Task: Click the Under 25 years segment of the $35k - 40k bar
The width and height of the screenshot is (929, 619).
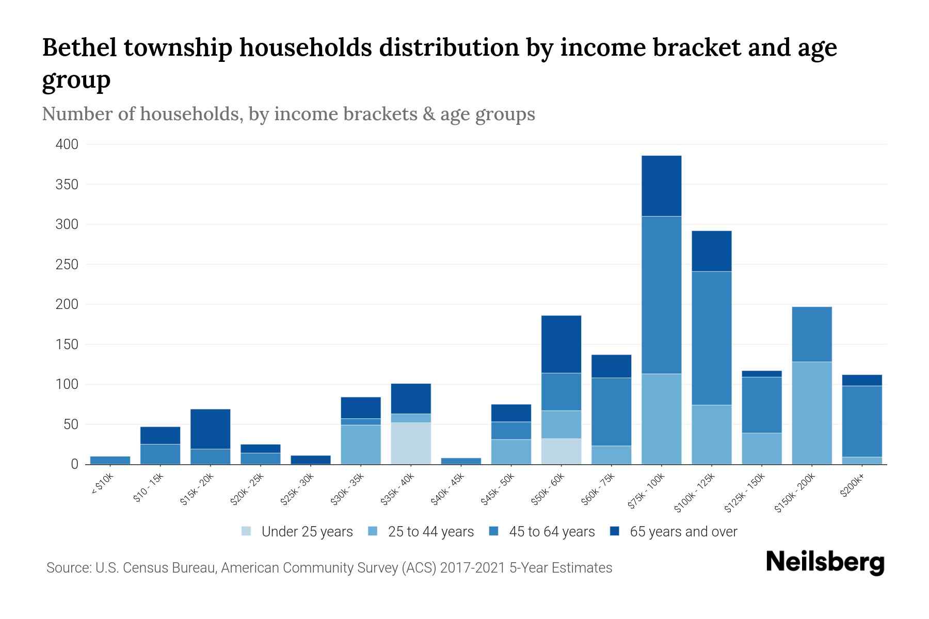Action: point(411,443)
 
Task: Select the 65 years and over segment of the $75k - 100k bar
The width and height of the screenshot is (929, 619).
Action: point(661,186)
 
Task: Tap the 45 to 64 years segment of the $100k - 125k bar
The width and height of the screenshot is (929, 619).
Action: point(711,338)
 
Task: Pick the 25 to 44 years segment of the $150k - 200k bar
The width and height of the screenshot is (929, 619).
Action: point(812,413)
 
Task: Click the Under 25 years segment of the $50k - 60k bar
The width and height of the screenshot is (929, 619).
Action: point(561,451)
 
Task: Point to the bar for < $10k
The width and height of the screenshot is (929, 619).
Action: point(110,460)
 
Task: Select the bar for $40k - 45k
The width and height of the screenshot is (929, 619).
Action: point(461,461)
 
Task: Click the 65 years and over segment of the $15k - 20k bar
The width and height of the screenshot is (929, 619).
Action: point(210,429)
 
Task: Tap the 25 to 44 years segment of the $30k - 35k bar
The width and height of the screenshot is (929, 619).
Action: point(361,444)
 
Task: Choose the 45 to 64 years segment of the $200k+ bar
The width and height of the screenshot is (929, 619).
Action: point(862,421)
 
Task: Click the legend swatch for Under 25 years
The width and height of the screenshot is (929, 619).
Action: point(247,531)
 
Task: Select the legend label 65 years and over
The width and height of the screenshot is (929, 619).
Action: point(683,532)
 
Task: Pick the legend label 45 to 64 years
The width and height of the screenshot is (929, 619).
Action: point(552,532)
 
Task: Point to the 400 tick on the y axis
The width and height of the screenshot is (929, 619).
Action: point(67,144)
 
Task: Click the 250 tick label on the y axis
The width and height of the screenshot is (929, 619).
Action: point(67,265)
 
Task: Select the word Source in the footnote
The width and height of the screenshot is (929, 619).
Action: point(68,568)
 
